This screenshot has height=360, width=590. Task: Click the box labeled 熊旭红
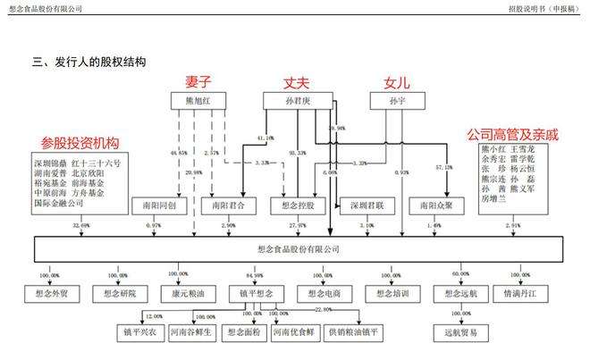coord(196,102)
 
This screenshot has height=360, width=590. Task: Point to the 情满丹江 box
coord(527,292)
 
